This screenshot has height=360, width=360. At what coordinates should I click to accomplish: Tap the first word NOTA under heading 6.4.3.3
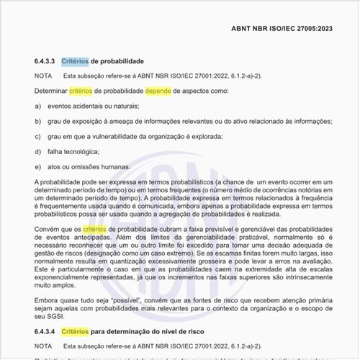pyautogui.click(x=42, y=76)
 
